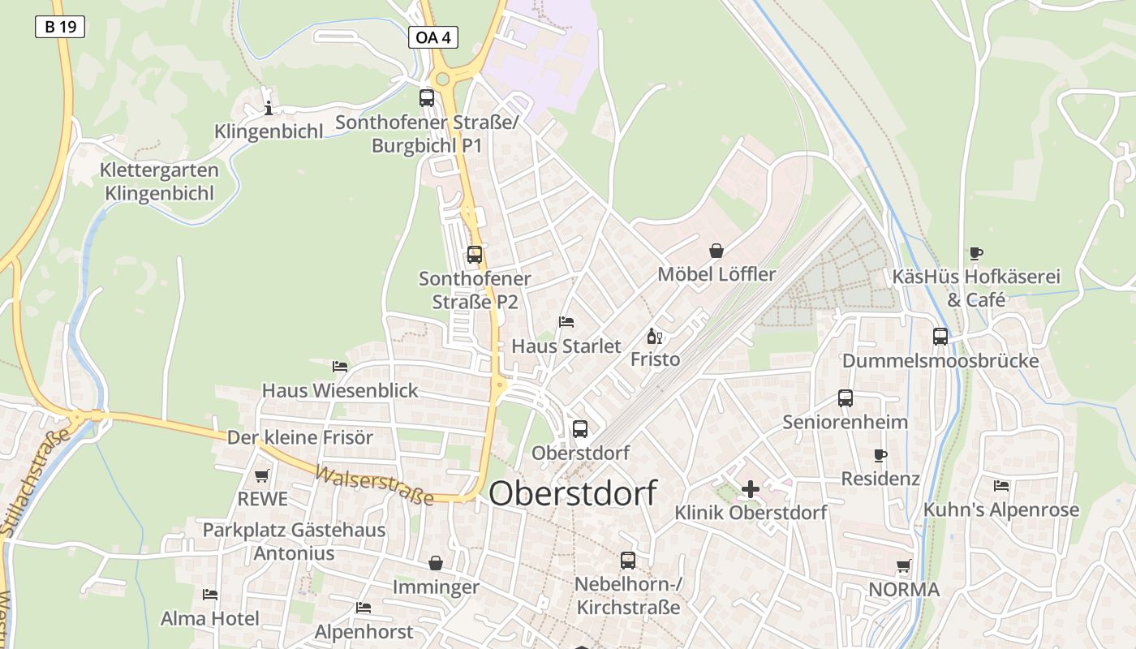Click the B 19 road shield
(60, 27)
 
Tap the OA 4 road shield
(432, 37)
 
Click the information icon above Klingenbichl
(269, 108)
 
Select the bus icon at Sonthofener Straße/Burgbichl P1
(427, 98)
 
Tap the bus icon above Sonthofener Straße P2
(475, 254)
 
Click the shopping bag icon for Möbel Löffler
(716, 251)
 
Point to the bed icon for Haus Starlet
(566, 322)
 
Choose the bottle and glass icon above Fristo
(655, 336)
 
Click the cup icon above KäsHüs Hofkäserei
(976, 253)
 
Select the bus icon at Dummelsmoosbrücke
(940, 336)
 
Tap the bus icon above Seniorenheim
(846, 398)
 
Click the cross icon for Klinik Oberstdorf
(751, 488)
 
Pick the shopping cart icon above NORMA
(904, 565)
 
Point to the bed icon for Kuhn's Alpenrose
(1001, 486)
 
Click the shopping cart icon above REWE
(261, 475)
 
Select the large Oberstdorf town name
(573, 493)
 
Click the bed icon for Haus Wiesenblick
(340, 367)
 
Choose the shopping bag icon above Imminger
(436, 563)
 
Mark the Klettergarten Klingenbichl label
(159, 182)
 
